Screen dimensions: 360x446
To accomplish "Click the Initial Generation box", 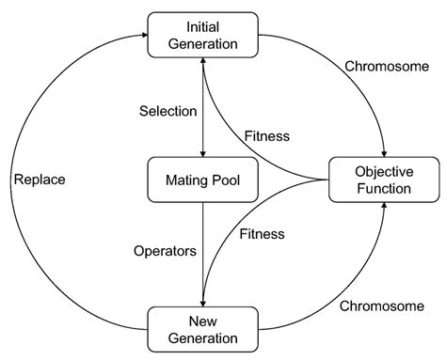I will [x=204, y=33].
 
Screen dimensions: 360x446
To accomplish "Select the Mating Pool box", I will [x=204, y=178].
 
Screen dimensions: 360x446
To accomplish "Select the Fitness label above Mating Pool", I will [x=266, y=136].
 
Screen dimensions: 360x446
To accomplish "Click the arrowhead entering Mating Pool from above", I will [x=204, y=153].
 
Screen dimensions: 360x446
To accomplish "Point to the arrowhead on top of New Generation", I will [x=204, y=303].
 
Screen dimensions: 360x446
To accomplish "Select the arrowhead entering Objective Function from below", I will [x=384, y=206].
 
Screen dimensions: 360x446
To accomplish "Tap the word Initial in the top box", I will [x=204, y=24].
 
